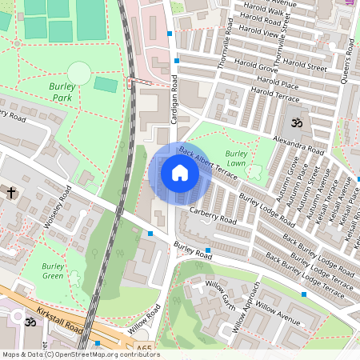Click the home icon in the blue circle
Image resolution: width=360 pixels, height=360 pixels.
(180, 172)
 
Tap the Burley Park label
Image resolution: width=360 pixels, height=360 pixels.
(57, 92)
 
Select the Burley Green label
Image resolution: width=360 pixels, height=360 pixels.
(53, 271)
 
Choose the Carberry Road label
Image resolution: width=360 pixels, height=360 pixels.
(214, 214)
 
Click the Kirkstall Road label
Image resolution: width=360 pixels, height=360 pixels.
(60, 319)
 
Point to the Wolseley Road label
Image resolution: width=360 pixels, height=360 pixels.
(58, 206)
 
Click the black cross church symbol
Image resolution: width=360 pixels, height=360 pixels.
(12, 192)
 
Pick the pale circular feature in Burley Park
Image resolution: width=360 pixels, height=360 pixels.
(79, 74)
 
